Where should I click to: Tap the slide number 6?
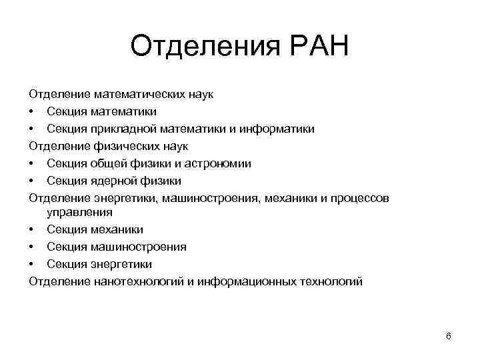[x=449, y=335]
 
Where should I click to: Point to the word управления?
[x=79, y=213]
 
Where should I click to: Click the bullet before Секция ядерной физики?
[x=31, y=181]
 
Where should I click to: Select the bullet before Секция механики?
[x=31, y=230]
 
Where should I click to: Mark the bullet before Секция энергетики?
[x=31, y=264]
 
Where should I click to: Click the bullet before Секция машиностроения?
[x=31, y=247]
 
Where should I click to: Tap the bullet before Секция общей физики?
[x=31, y=163]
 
